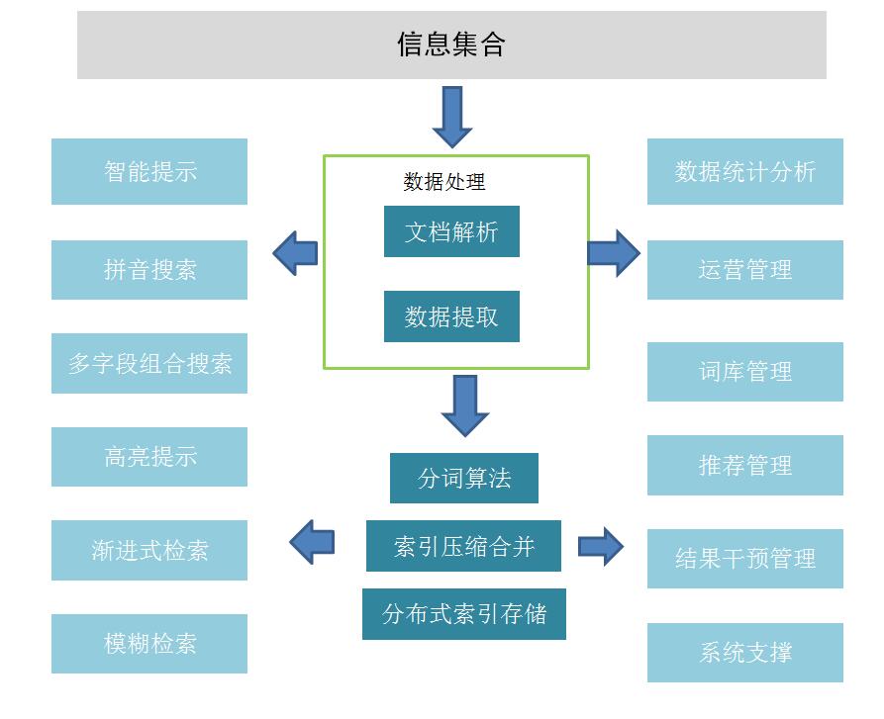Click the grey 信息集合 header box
451,45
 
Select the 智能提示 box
149,171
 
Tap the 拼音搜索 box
149,270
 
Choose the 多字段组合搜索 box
149,363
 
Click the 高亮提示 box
149,457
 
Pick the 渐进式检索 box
149,551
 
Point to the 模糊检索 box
149,644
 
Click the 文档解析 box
451,232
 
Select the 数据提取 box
451,317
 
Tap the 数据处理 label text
444,182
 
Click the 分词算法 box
464,479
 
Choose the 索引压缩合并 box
463,546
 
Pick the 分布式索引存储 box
464,614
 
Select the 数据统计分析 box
744,171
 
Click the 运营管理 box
744,270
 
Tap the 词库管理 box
744,372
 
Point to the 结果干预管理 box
744,559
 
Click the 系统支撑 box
744,653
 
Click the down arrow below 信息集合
452,117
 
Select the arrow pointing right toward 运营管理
614,253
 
